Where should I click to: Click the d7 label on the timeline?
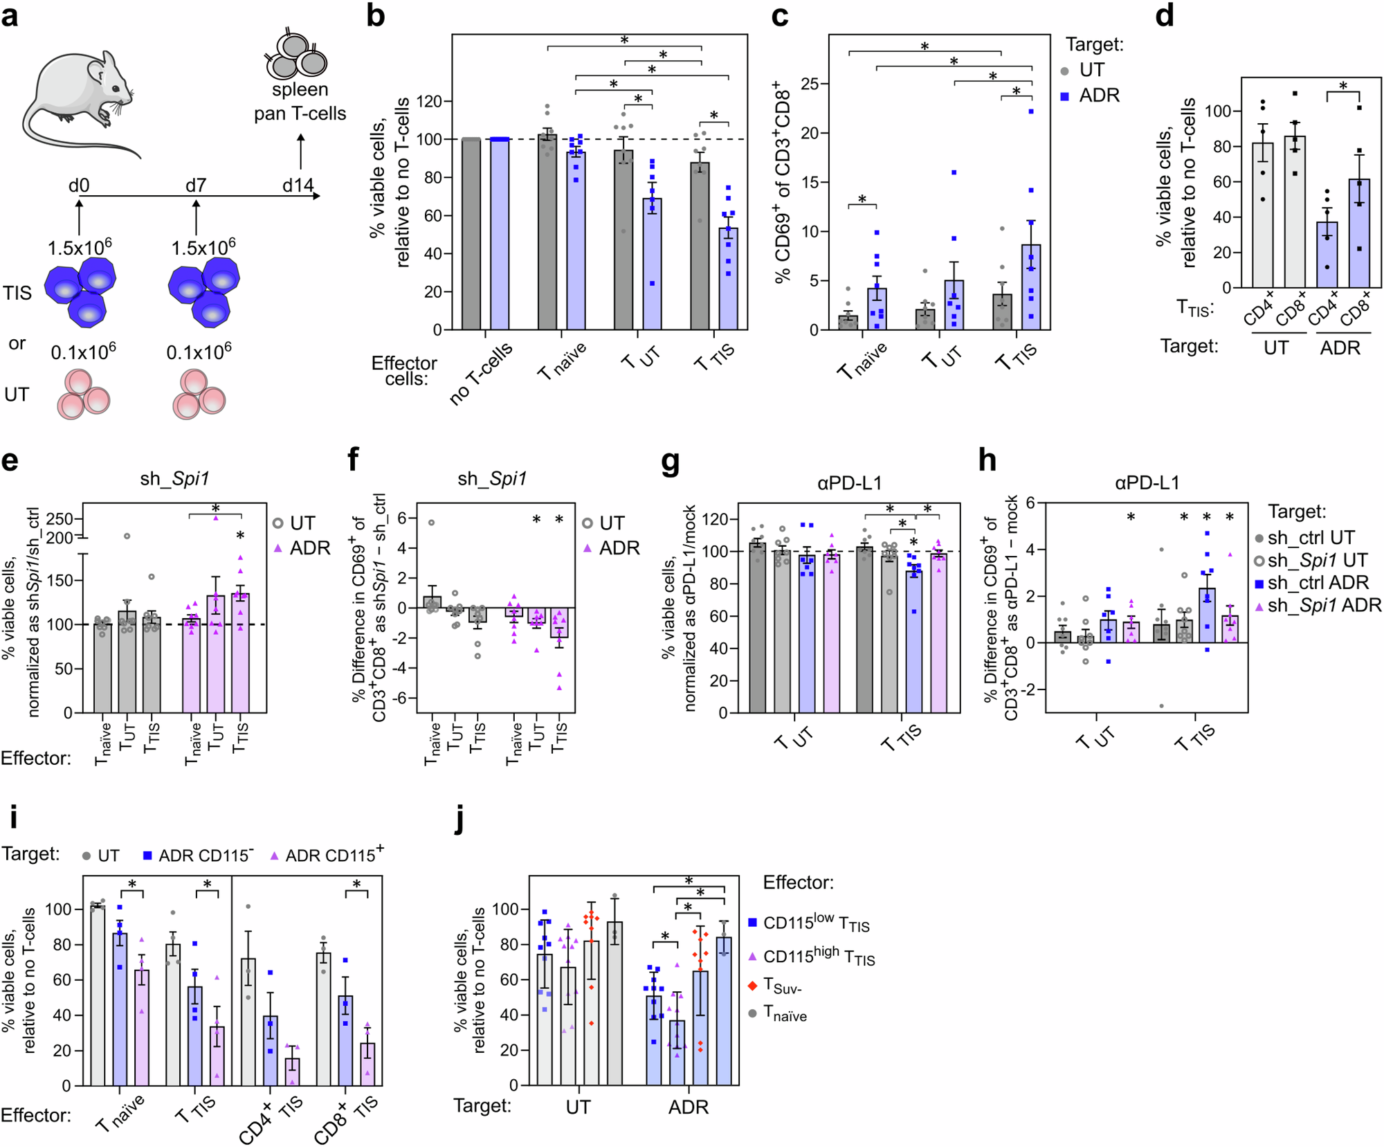point(196,186)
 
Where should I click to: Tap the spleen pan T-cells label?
point(300,102)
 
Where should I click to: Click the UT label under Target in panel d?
point(1276,347)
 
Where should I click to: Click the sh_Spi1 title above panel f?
point(492,478)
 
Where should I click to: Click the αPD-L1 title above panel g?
point(849,482)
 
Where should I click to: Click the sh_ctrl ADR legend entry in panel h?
point(1311,583)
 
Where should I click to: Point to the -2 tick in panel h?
point(1029,689)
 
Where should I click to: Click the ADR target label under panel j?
point(688,1107)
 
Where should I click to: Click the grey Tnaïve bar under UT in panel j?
point(614,1003)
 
